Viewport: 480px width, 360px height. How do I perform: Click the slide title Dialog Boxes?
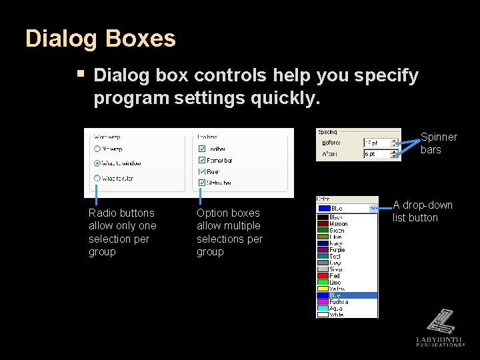tap(100, 39)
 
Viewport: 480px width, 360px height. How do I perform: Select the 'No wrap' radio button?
tap(97, 149)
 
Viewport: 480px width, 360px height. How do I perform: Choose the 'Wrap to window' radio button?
tap(97, 163)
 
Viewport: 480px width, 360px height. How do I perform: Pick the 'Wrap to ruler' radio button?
tap(97, 178)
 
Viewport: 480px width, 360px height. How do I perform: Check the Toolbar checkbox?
tap(202, 149)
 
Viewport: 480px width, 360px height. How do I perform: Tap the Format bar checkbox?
tap(202, 160)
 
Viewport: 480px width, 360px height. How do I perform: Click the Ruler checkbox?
tap(202, 171)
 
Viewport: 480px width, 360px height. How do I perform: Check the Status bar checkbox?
tap(202, 182)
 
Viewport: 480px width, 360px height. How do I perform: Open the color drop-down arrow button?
tap(373, 208)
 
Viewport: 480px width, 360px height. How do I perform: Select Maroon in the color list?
tap(338, 224)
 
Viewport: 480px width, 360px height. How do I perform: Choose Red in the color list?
tap(335, 275)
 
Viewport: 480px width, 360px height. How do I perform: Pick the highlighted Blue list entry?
tap(347, 295)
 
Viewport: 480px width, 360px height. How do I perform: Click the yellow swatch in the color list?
tap(323, 288)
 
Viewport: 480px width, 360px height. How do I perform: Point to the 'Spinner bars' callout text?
tap(438, 143)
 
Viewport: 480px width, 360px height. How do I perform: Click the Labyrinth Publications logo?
tap(440, 327)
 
